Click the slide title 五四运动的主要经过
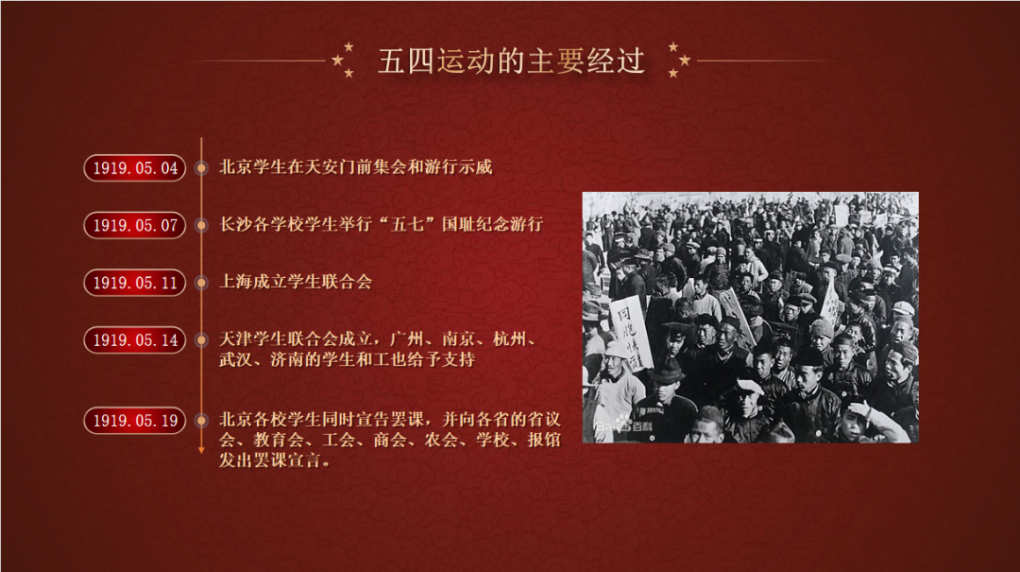coord(511,61)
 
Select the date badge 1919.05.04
coord(135,168)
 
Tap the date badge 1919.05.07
coord(135,225)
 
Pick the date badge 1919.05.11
coord(135,283)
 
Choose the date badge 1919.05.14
coord(135,340)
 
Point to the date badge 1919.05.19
coord(135,421)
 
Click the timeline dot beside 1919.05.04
coord(202,168)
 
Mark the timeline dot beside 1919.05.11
coord(202,283)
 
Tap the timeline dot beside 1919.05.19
coord(202,421)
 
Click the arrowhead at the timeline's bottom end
coord(202,450)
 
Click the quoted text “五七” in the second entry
coord(406,225)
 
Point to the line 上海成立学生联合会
coord(296,282)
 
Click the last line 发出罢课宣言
coord(275,460)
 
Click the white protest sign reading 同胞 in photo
coord(630,334)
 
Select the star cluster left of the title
coord(344,60)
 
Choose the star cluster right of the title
coord(679,60)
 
